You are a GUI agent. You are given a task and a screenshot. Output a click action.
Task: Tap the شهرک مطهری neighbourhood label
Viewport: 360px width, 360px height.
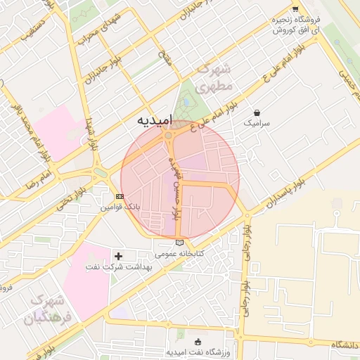point(210,79)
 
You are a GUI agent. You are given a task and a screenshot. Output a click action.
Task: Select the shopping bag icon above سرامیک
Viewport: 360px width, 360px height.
point(257,112)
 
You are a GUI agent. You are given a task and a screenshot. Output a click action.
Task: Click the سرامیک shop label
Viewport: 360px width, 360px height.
point(256,123)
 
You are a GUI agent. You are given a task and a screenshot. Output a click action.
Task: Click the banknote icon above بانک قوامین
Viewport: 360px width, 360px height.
point(119,196)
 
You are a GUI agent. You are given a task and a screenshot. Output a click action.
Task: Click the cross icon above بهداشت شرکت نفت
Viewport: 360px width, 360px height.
point(117,255)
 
